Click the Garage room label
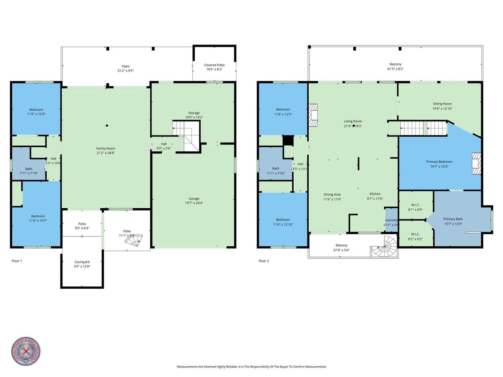[194, 199]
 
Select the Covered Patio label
[214, 65]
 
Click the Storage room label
[194, 113]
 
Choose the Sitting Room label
[442, 104]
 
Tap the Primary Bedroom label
[437, 162]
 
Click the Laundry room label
[391, 220]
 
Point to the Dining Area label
[332, 194]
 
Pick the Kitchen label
[375, 194]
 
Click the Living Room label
[353, 121]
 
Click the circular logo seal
[26, 352]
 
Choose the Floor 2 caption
[264, 261]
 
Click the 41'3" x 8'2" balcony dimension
[395, 69]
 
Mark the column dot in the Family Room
[107, 125]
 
